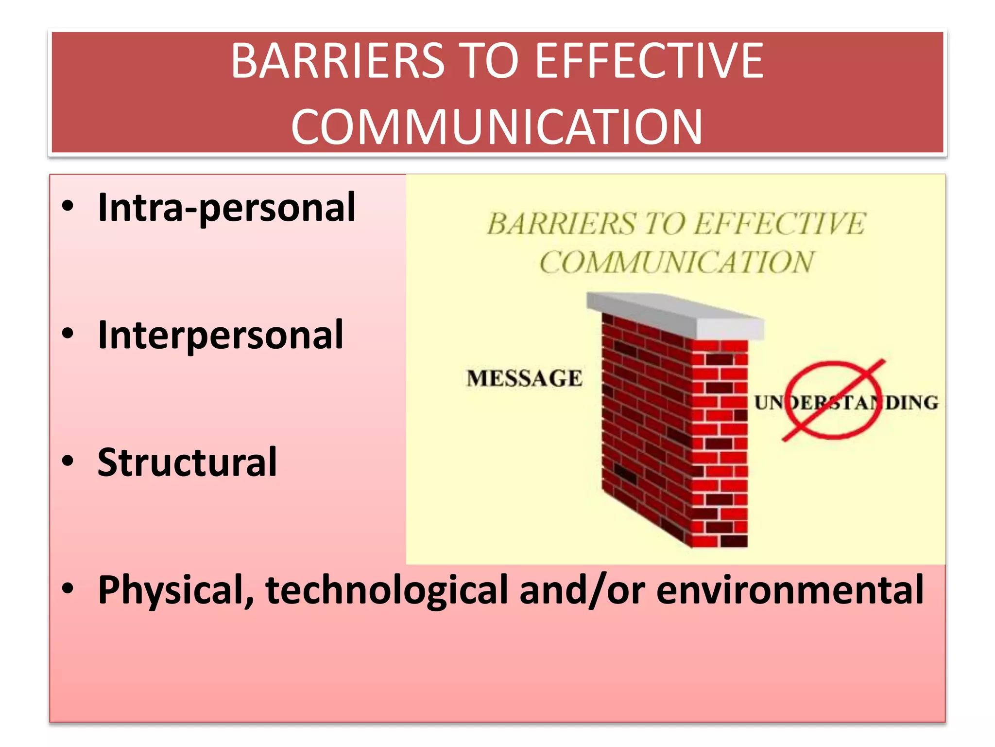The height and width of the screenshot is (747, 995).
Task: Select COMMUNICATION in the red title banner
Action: pyautogui.click(x=497, y=127)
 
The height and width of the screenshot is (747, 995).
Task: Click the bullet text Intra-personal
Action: pyautogui.click(x=226, y=208)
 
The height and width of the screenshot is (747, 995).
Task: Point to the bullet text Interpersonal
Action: pyautogui.click(x=221, y=335)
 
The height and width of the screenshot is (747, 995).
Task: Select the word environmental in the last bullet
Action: pyautogui.click(x=790, y=590)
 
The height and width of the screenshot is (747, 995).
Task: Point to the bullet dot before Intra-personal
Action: pyautogui.click(x=68, y=206)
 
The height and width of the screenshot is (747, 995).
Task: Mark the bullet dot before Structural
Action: pyautogui.click(x=68, y=461)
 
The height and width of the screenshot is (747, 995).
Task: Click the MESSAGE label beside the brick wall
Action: pyautogui.click(x=524, y=378)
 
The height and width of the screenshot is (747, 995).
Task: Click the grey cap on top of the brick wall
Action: pyautogui.click(x=675, y=314)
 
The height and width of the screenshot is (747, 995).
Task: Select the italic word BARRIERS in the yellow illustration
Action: pyautogui.click(x=561, y=224)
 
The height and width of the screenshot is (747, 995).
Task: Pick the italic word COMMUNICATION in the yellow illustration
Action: pyautogui.click(x=676, y=263)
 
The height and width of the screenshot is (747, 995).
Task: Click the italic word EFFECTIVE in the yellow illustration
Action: pyautogui.click(x=779, y=224)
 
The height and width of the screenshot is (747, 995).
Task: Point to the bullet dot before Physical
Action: pyautogui.click(x=68, y=588)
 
